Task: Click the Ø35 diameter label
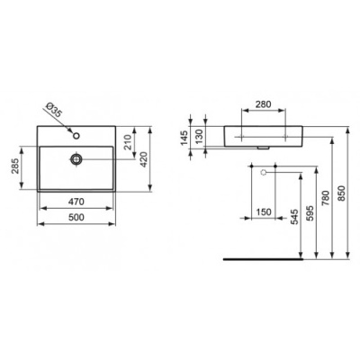[x=55, y=110]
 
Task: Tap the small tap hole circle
[x=76, y=136]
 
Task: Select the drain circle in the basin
[x=76, y=159]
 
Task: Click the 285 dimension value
[x=15, y=166]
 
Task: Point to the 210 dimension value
[x=128, y=142]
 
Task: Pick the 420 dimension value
[x=144, y=159]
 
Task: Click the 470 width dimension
[x=76, y=202]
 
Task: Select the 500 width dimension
[x=76, y=217]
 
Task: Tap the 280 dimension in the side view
[x=263, y=104]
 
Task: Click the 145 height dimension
[x=184, y=138]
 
